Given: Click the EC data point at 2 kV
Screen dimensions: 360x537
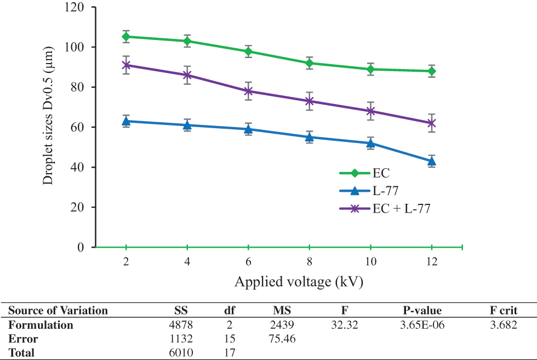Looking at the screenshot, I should click(x=126, y=37).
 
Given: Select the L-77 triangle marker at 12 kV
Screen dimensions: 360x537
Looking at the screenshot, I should click(x=431, y=161).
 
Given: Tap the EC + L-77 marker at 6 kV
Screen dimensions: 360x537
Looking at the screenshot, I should click(x=248, y=91).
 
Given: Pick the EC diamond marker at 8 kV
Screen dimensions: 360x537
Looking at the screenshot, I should click(x=310, y=63).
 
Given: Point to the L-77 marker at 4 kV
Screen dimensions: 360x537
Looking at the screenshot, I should click(x=187, y=125).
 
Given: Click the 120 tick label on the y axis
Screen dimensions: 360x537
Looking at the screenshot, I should click(x=76, y=8).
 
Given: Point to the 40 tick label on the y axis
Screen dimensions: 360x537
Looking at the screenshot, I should click(x=79, y=168).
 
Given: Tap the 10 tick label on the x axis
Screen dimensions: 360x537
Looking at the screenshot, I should click(x=370, y=262).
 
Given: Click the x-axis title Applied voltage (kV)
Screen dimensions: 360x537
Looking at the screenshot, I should click(x=299, y=282).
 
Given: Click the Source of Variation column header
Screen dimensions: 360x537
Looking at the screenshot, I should click(x=58, y=311).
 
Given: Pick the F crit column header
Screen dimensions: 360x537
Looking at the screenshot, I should click(x=504, y=311).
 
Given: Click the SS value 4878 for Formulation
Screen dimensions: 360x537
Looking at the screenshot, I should click(x=181, y=325).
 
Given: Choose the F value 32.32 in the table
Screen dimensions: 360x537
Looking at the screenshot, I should click(x=345, y=325).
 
